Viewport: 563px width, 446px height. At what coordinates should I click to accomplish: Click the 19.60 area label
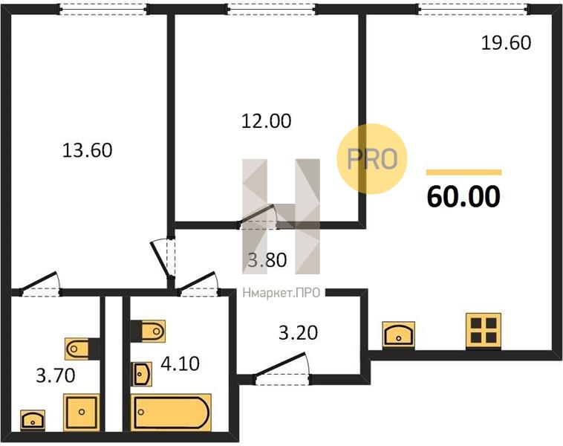pyautogui.click(x=506, y=43)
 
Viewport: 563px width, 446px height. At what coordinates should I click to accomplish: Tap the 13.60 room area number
pyautogui.click(x=87, y=150)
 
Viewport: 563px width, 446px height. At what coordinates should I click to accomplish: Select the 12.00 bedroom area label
pyautogui.click(x=266, y=120)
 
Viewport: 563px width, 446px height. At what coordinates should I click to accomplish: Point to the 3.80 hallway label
pyautogui.click(x=267, y=260)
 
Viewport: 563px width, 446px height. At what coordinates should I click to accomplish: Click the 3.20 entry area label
pyautogui.click(x=299, y=333)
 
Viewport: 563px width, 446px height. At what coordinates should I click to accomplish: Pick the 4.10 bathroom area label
pyautogui.click(x=180, y=363)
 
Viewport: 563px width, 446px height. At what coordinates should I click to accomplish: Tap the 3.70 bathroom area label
pyautogui.click(x=56, y=376)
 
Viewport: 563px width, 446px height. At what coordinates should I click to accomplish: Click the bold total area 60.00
pyautogui.click(x=463, y=197)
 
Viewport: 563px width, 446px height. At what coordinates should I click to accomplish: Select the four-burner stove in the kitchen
pyautogui.click(x=484, y=331)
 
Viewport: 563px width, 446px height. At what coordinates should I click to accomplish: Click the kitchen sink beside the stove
pyautogui.click(x=399, y=334)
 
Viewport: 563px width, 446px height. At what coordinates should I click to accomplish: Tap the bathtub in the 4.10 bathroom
pyautogui.click(x=171, y=412)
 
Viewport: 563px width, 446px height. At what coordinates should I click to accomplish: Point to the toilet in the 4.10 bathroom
pyautogui.click(x=148, y=331)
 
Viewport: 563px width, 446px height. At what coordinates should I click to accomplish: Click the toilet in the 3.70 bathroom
pyautogui.click(x=82, y=349)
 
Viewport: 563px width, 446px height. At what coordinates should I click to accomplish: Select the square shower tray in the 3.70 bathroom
pyautogui.click(x=82, y=412)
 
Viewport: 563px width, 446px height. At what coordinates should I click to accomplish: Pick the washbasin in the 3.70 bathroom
pyautogui.click(x=33, y=420)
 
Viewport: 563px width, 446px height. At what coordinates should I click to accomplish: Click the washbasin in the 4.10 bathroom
pyautogui.click(x=142, y=374)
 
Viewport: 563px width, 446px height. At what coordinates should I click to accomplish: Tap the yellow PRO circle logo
pyautogui.click(x=372, y=159)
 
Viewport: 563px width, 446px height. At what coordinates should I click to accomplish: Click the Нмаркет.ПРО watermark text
pyautogui.click(x=281, y=294)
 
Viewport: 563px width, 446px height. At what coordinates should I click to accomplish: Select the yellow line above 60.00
pyautogui.click(x=464, y=172)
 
